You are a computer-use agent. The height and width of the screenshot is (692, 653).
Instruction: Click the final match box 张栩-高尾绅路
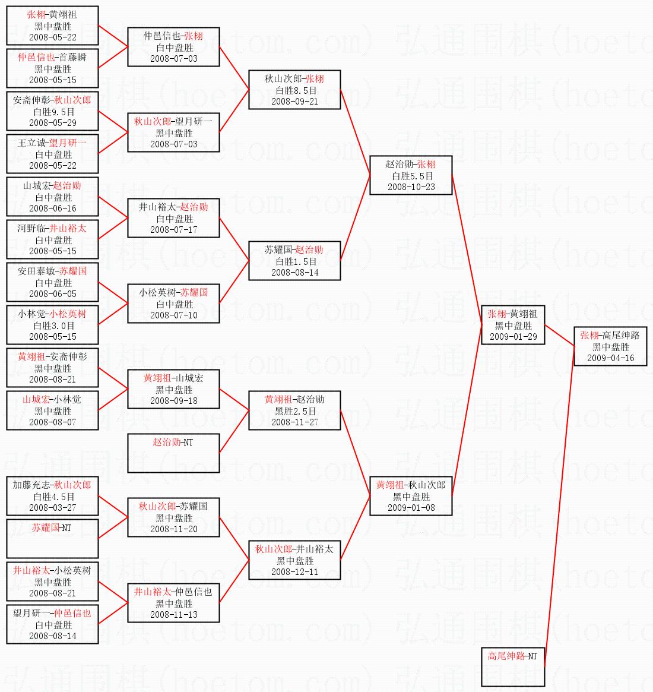click(x=610, y=346)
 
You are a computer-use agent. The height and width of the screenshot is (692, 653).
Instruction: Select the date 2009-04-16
click(x=610, y=358)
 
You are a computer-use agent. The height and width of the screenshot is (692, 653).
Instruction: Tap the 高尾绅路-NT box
click(x=513, y=666)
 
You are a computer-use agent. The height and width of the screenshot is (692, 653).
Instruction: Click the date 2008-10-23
click(x=411, y=187)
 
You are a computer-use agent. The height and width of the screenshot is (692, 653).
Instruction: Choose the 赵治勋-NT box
click(x=173, y=452)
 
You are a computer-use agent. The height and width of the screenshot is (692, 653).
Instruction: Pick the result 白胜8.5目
click(x=294, y=90)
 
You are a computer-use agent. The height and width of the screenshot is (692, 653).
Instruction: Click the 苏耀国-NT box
click(x=52, y=538)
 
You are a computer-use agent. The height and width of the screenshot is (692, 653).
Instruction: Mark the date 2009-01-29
click(x=513, y=336)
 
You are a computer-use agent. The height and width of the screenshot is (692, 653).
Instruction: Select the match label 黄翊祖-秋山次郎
click(x=411, y=485)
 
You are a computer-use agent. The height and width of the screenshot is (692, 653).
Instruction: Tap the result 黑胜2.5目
click(x=294, y=411)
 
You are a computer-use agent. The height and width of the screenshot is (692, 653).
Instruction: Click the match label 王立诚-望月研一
click(x=52, y=143)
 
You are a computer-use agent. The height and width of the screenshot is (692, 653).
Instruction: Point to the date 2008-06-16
click(x=53, y=208)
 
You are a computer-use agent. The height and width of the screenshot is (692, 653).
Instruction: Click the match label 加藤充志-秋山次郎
click(x=52, y=485)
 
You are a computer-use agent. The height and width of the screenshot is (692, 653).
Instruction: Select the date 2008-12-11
click(x=294, y=571)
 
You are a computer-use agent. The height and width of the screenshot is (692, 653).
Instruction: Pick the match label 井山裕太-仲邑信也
click(x=173, y=592)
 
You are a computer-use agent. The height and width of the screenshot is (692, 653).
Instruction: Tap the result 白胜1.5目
click(x=294, y=261)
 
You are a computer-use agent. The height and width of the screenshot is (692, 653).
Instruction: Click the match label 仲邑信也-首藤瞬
click(x=52, y=58)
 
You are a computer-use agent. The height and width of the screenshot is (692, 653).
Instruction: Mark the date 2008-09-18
click(x=173, y=400)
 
